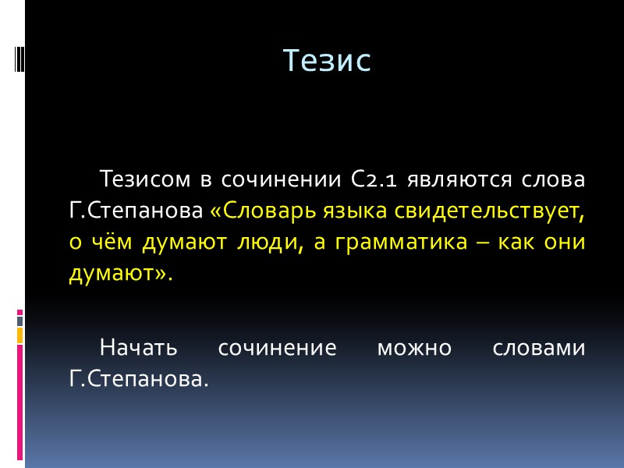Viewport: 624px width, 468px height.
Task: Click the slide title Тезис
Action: [326, 61]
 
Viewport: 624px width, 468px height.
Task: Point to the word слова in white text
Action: [552, 180]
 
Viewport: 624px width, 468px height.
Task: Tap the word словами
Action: [539, 348]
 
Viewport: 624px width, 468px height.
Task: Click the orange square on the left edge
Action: [20, 335]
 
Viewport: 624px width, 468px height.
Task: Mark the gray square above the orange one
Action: [20, 321]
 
